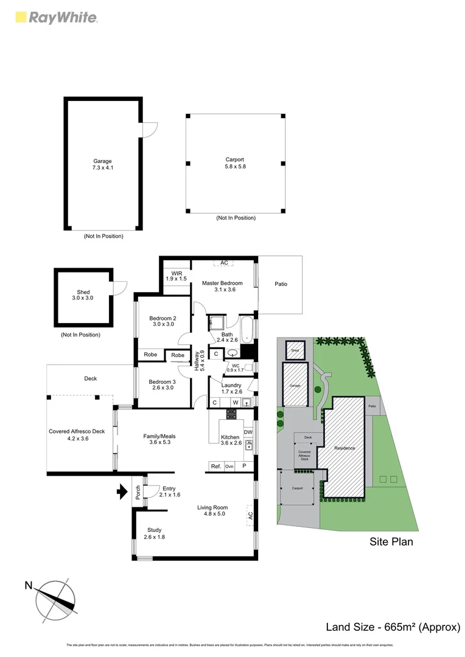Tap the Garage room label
102,165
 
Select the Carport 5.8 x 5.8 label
236,163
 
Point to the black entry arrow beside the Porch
122,490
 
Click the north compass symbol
55,597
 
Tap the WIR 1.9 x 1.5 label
177,276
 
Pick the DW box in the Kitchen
248,432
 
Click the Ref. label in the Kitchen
215,466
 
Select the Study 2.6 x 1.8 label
154,533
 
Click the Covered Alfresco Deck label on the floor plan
77,435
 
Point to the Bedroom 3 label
163,385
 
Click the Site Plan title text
391,541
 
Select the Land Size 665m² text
393,627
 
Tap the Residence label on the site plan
344,448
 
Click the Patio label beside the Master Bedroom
281,284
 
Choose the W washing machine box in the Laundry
234,402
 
